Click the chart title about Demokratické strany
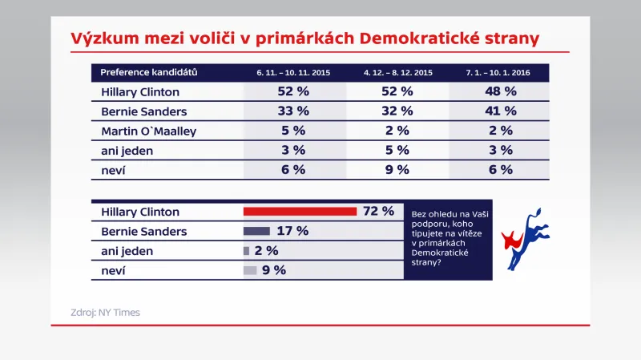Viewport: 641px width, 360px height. (304, 38)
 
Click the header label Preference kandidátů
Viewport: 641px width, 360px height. (149, 72)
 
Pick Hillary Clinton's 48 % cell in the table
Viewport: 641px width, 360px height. (498, 92)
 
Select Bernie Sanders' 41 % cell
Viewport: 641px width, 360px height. (498, 111)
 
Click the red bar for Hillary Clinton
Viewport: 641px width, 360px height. (300, 212)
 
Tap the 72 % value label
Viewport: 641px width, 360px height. (378, 212)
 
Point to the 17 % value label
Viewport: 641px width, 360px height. (292, 231)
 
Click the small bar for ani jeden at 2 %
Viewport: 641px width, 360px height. (246, 251)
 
